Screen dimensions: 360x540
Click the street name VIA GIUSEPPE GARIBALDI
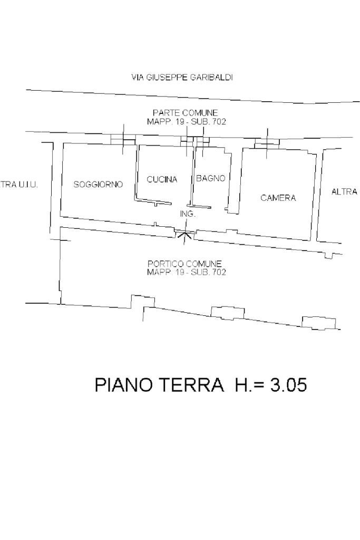tap(182, 78)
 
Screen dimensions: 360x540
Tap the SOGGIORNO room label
tap(98, 185)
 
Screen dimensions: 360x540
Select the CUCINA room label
tap(162, 179)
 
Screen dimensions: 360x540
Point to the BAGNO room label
tap(211, 178)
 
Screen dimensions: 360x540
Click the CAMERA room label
tap(278, 198)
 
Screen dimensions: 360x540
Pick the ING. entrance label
tap(188, 214)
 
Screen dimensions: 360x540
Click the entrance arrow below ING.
tap(185, 236)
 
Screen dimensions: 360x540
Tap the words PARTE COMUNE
tap(185, 113)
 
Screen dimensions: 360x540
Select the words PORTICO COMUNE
tap(184, 264)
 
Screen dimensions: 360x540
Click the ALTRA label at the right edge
tap(344, 192)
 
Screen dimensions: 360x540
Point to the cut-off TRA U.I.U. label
tap(19, 185)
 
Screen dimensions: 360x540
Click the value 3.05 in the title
tap(288, 384)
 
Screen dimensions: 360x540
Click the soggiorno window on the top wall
tap(123, 139)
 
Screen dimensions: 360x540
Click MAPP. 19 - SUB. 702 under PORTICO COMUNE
tap(187, 273)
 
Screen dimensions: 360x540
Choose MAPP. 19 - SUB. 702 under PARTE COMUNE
tap(187, 122)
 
